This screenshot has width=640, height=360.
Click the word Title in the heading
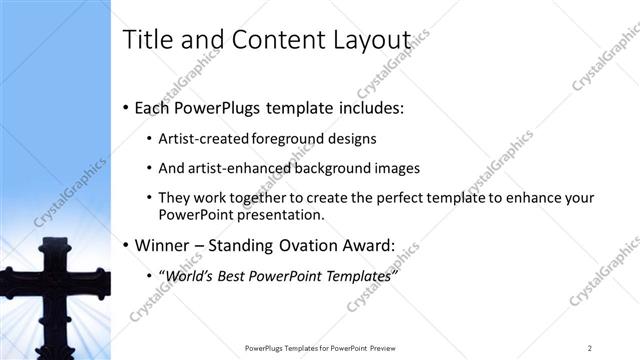point(145,41)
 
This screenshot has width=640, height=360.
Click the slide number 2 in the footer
point(590,348)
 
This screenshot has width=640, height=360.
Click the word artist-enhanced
point(239,169)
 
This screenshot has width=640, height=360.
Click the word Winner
point(159,245)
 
